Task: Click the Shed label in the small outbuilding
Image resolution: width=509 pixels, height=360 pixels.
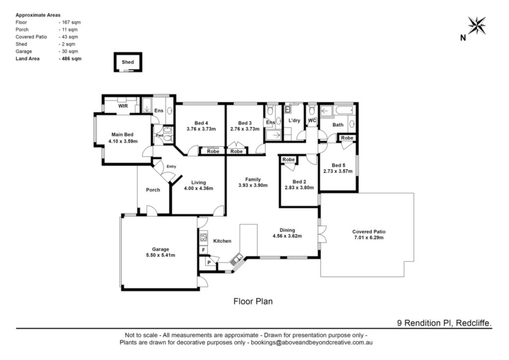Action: coord(128,62)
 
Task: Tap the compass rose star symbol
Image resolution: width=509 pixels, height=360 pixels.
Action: coord(477,25)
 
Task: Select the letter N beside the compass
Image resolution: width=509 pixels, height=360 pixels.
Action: coord(463,38)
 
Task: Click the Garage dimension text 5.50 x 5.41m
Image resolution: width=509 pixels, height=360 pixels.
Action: coord(161,255)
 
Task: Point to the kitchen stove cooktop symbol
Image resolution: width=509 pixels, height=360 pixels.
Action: coord(203,237)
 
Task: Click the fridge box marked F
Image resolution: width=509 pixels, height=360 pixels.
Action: coord(203,250)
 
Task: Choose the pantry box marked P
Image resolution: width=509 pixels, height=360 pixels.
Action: coord(209,263)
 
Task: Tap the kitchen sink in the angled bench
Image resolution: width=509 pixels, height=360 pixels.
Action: coord(236,260)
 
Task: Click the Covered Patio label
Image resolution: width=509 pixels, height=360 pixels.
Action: coord(369,232)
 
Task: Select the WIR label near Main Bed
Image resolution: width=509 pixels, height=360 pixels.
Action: coord(123,106)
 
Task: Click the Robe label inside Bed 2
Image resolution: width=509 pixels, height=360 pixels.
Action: coord(288,160)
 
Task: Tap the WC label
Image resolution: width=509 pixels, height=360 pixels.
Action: coord(312,120)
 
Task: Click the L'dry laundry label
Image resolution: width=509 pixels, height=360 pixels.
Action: coord(294,120)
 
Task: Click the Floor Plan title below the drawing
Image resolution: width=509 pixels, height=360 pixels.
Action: coord(253,301)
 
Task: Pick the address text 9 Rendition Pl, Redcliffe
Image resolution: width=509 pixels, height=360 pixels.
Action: coord(444,323)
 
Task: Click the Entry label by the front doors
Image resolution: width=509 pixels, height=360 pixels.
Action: coord(171,167)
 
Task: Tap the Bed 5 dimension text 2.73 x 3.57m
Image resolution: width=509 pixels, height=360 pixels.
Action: coord(338,171)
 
